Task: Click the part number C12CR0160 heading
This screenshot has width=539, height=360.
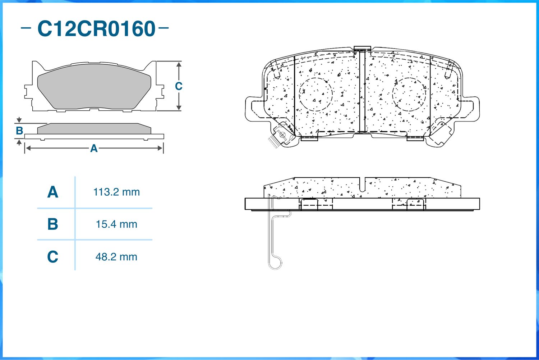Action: point(96,29)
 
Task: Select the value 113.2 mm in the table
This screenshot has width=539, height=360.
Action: point(116,192)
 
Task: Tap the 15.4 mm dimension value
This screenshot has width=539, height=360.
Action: point(116,224)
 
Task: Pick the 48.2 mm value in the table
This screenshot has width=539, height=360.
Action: point(116,257)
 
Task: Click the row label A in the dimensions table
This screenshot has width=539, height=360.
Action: point(53,192)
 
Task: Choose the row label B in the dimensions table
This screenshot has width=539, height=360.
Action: point(53,224)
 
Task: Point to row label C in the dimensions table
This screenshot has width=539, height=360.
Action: point(53,256)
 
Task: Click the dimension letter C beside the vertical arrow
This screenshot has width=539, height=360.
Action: point(179,86)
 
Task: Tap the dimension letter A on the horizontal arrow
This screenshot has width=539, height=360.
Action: point(94,148)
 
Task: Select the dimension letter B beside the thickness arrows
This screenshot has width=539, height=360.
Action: point(19,131)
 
